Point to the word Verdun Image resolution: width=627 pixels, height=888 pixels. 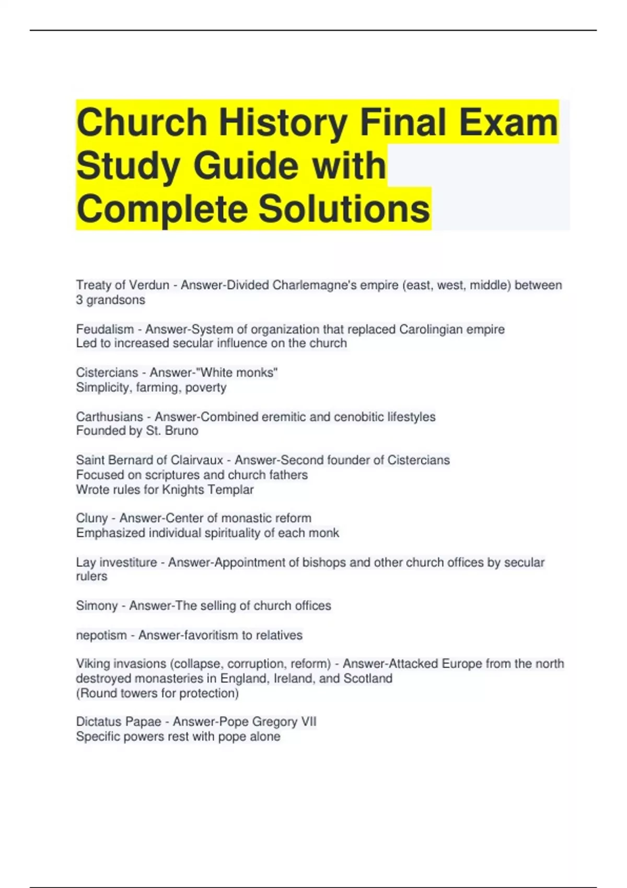(x=149, y=285)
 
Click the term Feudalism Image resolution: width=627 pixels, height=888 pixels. (x=105, y=330)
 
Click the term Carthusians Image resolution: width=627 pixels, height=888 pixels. (x=109, y=417)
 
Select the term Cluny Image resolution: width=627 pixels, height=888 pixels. (x=92, y=518)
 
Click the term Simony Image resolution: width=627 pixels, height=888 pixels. (x=97, y=606)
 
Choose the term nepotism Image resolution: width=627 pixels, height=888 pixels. (x=101, y=635)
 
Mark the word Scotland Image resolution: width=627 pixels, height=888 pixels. (x=368, y=679)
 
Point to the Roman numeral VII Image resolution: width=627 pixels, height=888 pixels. (x=308, y=722)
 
